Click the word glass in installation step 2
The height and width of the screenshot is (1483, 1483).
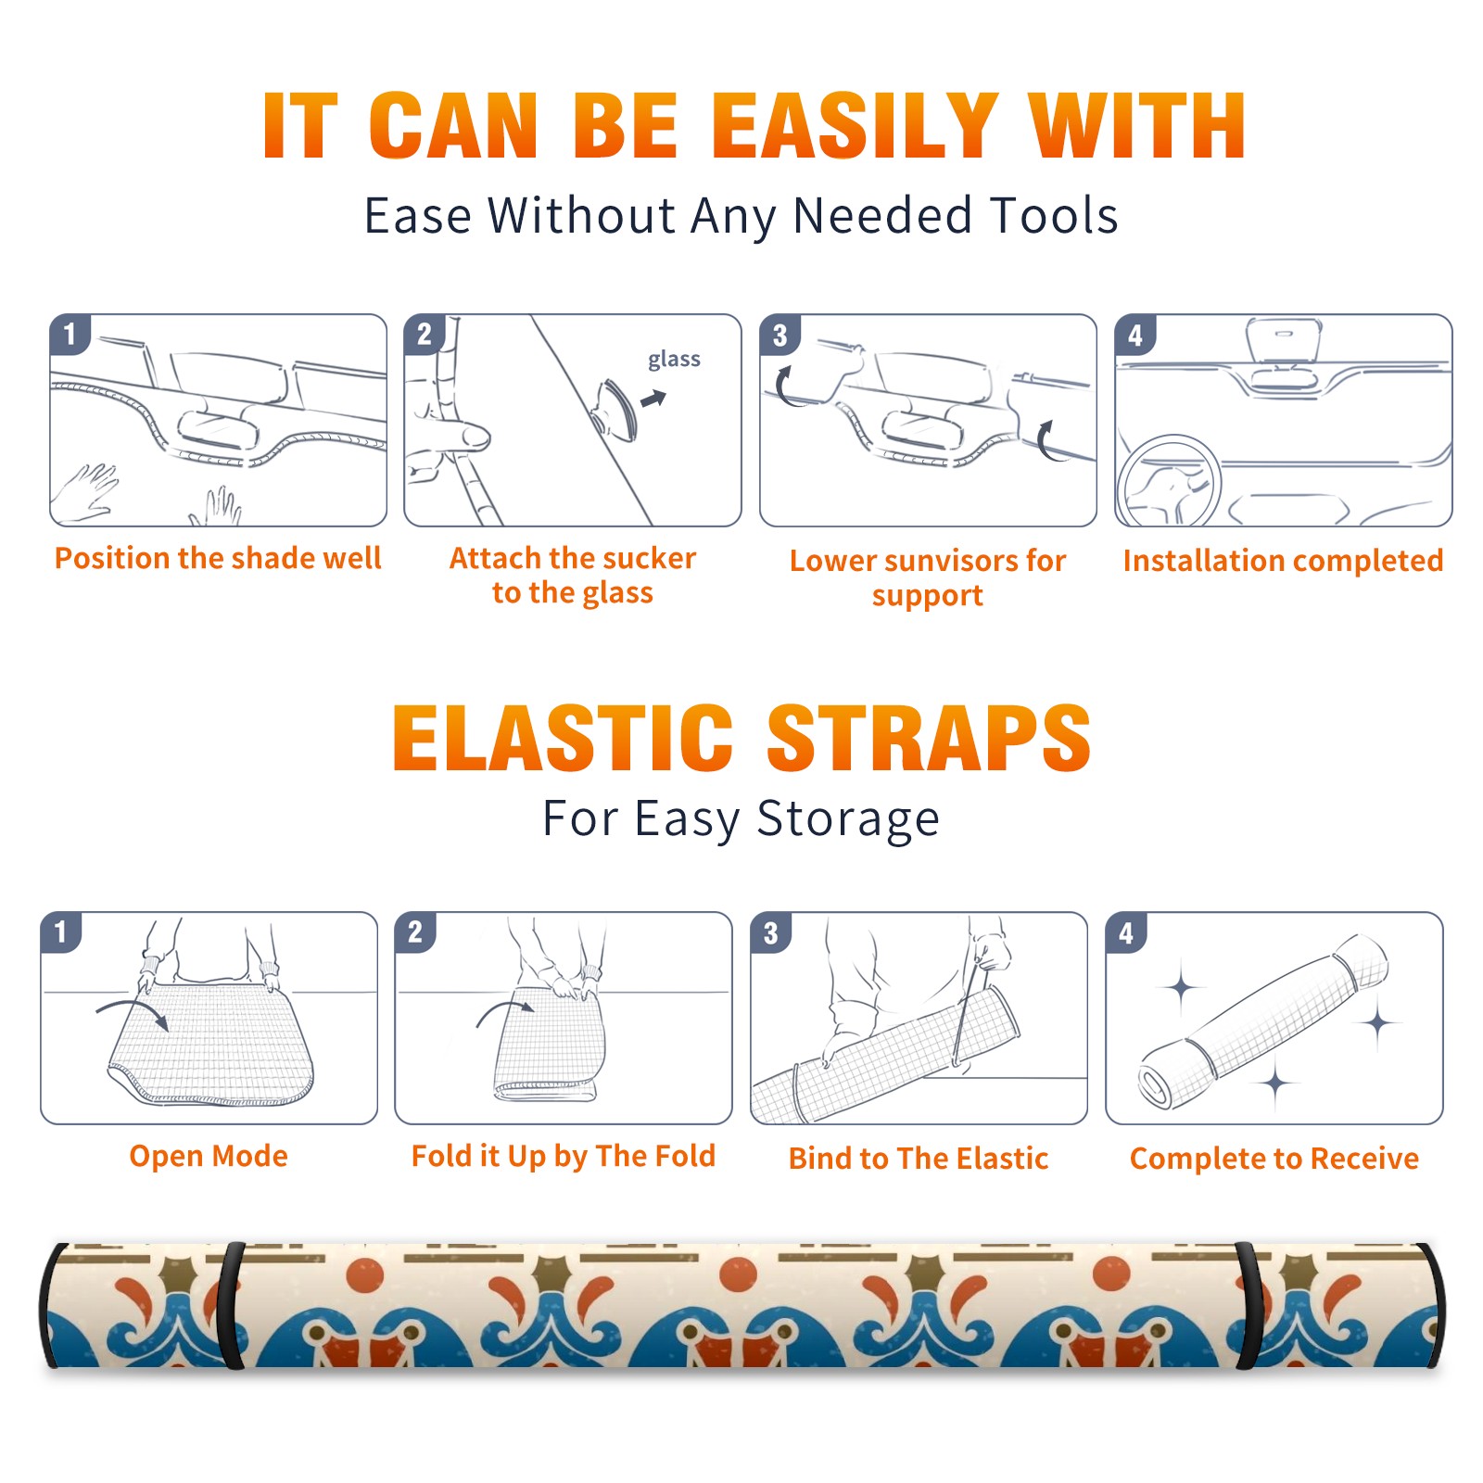pyautogui.click(x=674, y=359)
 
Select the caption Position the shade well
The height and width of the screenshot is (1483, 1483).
pyautogui.click(x=218, y=558)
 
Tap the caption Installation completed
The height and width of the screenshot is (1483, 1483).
pyautogui.click(x=1283, y=560)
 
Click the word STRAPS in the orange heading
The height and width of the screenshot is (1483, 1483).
pyautogui.click(x=929, y=738)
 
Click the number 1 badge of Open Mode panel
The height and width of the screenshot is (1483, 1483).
pyautogui.click(x=61, y=932)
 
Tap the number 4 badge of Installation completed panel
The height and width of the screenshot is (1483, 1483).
pyautogui.click(x=1135, y=335)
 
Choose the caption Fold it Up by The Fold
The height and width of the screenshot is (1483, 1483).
pyautogui.click(x=564, y=1156)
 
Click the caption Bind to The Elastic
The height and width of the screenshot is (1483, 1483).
pyautogui.click(x=919, y=1159)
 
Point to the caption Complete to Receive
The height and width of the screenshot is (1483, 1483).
pyautogui.click(x=1274, y=1159)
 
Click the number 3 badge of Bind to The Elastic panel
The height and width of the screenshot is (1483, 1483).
pyautogui.click(x=771, y=932)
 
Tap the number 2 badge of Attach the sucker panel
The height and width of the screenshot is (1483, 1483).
pyautogui.click(x=425, y=335)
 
